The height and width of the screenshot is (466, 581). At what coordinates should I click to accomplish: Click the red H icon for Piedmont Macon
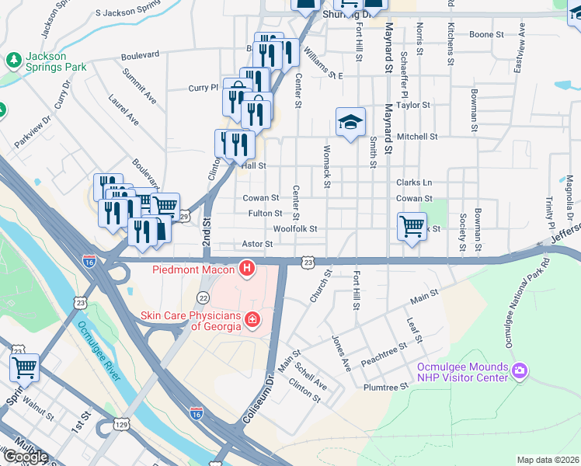pos(247,269)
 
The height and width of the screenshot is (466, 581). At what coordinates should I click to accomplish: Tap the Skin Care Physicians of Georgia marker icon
pos(252,319)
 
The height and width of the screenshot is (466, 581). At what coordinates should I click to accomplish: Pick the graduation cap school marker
pos(350,122)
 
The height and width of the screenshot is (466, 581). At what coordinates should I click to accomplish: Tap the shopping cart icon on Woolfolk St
pos(412,228)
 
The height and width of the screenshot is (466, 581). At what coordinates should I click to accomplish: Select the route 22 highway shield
pos(204,297)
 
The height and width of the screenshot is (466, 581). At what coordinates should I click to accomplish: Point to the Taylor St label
pos(412,105)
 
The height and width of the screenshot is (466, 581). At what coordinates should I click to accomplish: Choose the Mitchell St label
pos(417,137)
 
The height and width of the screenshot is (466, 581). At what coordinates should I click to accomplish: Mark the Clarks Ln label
pos(414,183)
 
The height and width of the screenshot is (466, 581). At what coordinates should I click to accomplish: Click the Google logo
pos(25,457)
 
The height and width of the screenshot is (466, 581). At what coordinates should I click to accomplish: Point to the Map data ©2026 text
pos(547,460)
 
